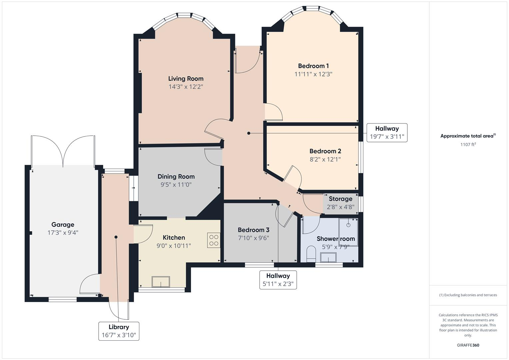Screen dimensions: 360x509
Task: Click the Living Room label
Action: coord(186,79)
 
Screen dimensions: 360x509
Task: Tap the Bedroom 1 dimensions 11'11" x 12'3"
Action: coord(313,74)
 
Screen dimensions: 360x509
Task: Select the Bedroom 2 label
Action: coord(325,151)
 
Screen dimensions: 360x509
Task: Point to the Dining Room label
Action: coord(176,176)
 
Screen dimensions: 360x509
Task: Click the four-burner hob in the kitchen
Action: coord(214,240)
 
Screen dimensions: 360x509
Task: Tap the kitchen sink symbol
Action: coord(161,282)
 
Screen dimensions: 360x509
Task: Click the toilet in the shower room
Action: coord(311,253)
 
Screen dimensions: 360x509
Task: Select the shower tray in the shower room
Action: coord(348,232)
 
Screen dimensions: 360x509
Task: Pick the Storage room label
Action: coord(340,199)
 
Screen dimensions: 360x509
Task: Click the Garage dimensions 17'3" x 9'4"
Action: coord(63,233)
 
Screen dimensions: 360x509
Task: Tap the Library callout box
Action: coord(119,331)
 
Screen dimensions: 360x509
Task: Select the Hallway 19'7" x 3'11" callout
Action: coord(387,132)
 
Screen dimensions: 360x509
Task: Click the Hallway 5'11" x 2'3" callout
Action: coord(278,280)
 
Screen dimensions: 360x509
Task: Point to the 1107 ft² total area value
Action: coord(468,144)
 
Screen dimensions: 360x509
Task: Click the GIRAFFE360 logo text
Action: coord(468,345)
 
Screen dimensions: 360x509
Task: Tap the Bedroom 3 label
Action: coord(253,230)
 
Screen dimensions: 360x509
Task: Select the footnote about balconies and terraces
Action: coord(468,295)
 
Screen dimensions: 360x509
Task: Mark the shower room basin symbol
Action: coord(328,257)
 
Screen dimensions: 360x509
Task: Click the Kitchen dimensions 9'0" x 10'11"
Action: coord(174,246)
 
